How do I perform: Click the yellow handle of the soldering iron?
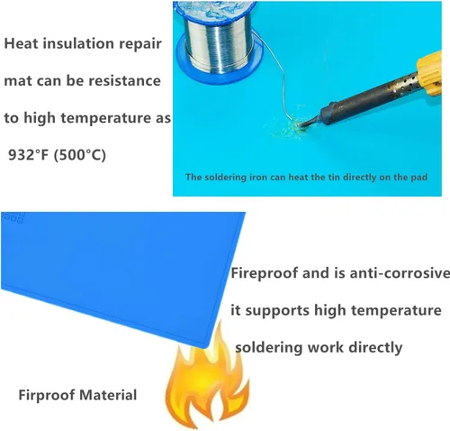[x=429, y=74]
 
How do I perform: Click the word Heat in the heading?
[x=21, y=43]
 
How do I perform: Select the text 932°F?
[x=28, y=155]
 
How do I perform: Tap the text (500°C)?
[x=80, y=155]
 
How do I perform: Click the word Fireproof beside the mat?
[x=265, y=273]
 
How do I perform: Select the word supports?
[x=277, y=311]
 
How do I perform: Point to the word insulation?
[x=78, y=43]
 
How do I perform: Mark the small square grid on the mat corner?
[x=13, y=217]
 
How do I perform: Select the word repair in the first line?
[x=140, y=44]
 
